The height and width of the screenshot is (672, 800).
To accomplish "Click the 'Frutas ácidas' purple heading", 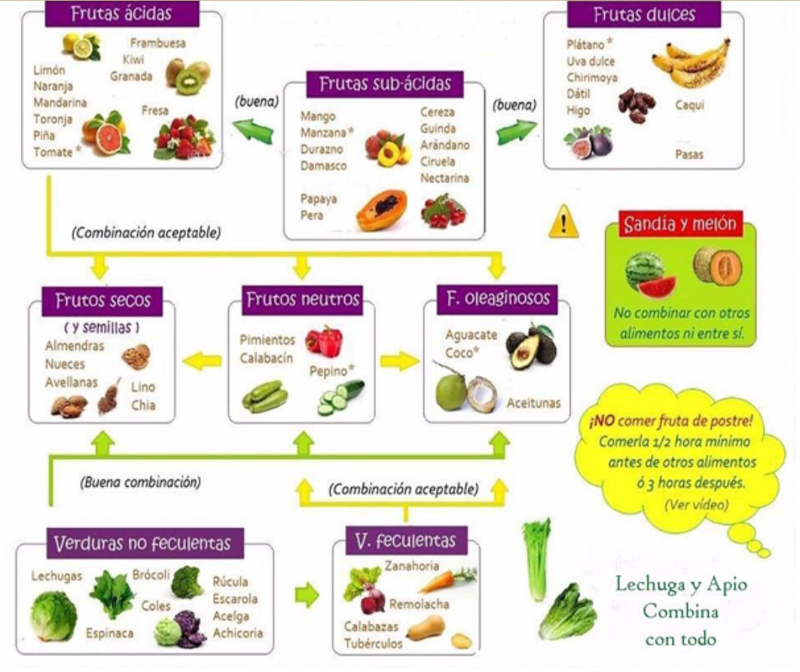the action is (x=122, y=14).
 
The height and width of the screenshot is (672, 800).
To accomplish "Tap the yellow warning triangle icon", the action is (x=563, y=222).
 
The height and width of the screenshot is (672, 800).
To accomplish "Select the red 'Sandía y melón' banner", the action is (x=681, y=224).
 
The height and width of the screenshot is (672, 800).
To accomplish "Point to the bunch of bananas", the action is (x=692, y=63).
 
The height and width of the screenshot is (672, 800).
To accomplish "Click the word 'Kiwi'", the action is (x=133, y=60).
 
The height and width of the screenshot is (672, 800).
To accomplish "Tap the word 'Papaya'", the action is (x=319, y=198).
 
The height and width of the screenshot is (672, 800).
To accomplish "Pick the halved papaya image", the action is (x=382, y=210).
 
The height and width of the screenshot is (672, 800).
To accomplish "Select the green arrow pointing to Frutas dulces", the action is (x=516, y=132).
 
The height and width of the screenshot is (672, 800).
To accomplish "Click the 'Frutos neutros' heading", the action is (x=303, y=299).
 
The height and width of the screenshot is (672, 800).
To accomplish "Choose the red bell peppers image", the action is (x=324, y=341).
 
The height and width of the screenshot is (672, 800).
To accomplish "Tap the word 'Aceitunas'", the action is (x=533, y=403).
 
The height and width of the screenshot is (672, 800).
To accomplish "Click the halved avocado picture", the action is (x=531, y=347).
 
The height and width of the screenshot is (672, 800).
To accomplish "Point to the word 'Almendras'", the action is (x=75, y=346).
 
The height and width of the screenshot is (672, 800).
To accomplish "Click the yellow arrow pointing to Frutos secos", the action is (x=202, y=362).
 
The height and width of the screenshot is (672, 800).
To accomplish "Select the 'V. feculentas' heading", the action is (x=406, y=541).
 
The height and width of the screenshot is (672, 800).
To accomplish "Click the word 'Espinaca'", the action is (x=110, y=634).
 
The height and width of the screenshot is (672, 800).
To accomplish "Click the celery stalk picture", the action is (x=537, y=559).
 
